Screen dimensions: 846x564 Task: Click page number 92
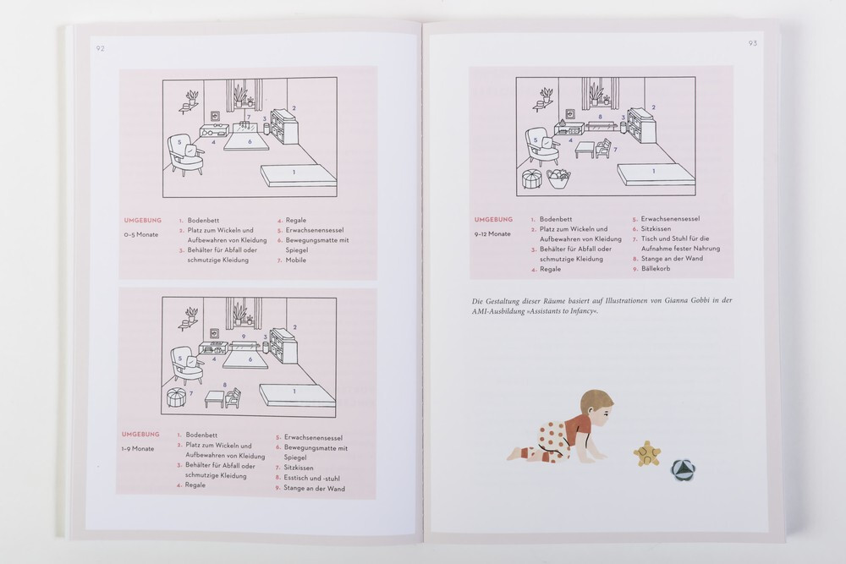click(100, 48)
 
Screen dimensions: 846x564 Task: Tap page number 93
click(753, 43)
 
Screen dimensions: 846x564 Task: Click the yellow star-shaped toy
click(646, 453)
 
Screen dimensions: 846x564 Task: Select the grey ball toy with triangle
click(684, 471)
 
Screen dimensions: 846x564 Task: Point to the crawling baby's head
click(597, 406)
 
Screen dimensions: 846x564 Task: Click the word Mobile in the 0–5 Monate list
click(295, 260)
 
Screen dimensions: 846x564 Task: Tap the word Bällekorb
click(656, 269)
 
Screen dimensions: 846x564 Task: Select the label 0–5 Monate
click(140, 234)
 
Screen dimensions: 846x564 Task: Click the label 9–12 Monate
click(492, 233)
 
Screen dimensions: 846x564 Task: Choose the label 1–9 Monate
click(138, 449)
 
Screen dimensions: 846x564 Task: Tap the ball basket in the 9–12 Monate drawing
click(559, 178)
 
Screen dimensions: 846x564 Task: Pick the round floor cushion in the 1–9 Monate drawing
click(178, 398)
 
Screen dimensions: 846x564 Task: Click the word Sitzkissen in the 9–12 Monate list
click(656, 228)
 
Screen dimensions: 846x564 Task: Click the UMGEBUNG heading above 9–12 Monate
click(493, 220)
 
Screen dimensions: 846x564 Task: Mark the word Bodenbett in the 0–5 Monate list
click(203, 220)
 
